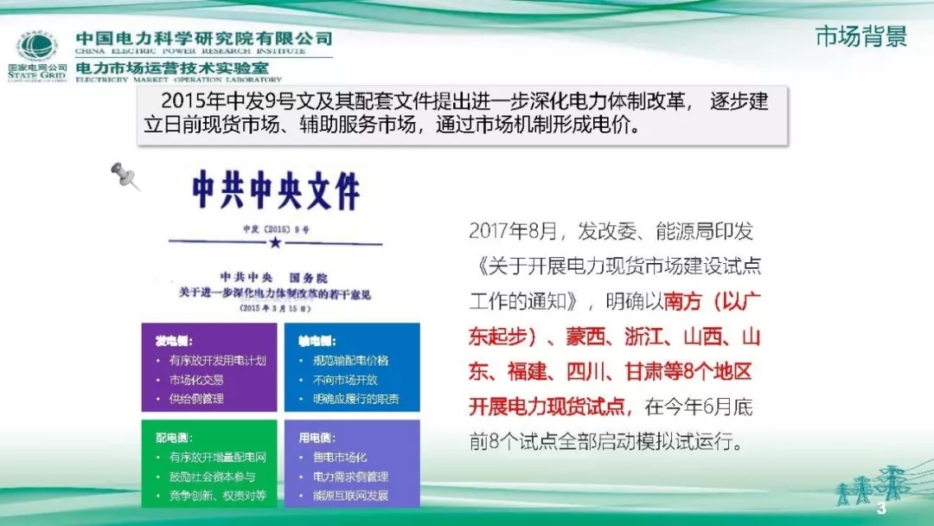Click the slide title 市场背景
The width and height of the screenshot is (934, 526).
tap(860, 37)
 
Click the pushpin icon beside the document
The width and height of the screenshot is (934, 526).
tap(125, 176)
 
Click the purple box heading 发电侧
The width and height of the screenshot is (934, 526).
tap(174, 341)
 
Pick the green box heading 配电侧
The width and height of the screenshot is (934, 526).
tap(174, 438)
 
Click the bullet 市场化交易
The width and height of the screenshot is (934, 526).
tap(196, 380)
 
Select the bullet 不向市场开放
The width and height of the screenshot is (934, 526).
tap(345, 380)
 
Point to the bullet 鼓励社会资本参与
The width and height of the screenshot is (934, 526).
tap(212, 477)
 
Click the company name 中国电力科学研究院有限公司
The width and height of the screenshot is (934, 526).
tap(204, 39)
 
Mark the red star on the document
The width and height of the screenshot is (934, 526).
tap(275, 244)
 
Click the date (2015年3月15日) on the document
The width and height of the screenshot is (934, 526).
tap(275, 307)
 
